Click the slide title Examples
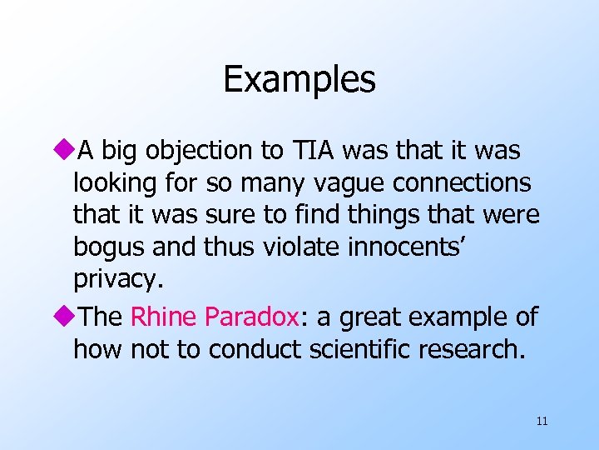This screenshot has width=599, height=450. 299,80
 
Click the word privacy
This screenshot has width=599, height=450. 115,281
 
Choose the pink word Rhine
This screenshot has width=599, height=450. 163,317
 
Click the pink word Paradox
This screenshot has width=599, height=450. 250,317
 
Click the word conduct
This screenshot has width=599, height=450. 255,350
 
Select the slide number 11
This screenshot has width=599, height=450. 542,422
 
